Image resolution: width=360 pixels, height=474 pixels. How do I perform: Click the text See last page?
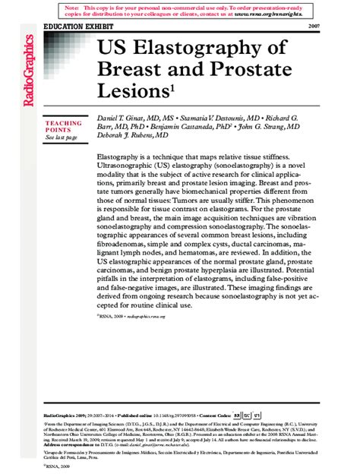point(62,137)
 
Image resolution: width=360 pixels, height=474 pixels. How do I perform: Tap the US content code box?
point(257,417)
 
